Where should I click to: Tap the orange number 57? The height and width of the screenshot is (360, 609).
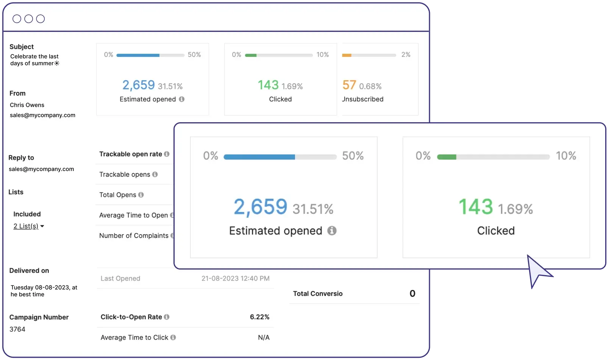click(349, 85)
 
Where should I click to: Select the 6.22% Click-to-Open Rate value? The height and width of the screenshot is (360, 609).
click(259, 317)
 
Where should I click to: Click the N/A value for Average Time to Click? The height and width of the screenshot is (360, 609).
click(264, 337)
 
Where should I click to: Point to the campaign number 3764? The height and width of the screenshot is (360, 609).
click(17, 329)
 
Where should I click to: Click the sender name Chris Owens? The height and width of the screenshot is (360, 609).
click(27, 105)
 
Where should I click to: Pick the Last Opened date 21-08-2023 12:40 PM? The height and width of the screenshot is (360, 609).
click(235, 278)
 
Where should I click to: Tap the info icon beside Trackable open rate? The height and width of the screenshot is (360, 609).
click(167, 154)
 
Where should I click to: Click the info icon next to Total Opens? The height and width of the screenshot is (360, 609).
click(141, 195)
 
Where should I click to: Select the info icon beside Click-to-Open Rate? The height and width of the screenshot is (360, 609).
click(167, 317)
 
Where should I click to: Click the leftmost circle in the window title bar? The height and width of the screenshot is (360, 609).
click(17, 19)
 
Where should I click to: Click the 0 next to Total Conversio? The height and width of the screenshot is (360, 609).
click(412, 293)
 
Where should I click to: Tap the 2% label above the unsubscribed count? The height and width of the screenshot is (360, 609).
click(406, 55)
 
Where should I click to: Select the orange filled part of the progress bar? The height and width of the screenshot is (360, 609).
click(347, 55)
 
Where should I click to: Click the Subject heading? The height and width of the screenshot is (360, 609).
click(22, 47)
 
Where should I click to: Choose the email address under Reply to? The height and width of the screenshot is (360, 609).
click(41, 169)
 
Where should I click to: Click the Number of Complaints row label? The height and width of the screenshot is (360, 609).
click(134, 235)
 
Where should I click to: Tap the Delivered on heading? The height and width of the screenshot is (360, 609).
click(29, 270)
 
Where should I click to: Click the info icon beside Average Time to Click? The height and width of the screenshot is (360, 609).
click(173, 337)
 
